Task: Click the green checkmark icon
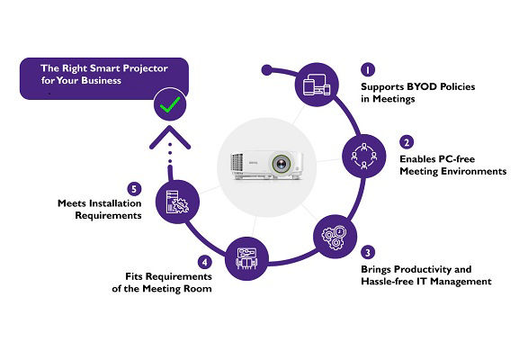pyautogui.click(x=170, y=104)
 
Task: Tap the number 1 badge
pyautogui.click(x=368, y=70)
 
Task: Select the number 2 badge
pyautogui.click(x=407, y=142)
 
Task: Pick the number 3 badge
pyautogui.click(x=368, y=253)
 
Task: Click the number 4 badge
pyautogui.click(x=205, y=262)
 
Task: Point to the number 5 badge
pyautogui.click(x=134, y=189)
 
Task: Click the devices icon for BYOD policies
pyautogui.click(x=317, y=85)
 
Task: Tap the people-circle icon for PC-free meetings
pyautogui.click(x=364, y=156)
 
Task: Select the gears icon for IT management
pyautogui.click(x=334, y=237)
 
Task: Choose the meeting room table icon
pyautogui.click(x=246, y=258)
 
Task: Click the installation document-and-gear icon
pyautogui.click(x=177, y=202)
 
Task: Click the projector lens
pyautogui.click(x=281, y=165)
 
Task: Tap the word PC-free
pyautogui.click(x=456, y=159)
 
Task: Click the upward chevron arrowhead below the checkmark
pyautogui.click(x=170, y=137)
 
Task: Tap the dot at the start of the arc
pyautogui.click(x=266, y=70)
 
